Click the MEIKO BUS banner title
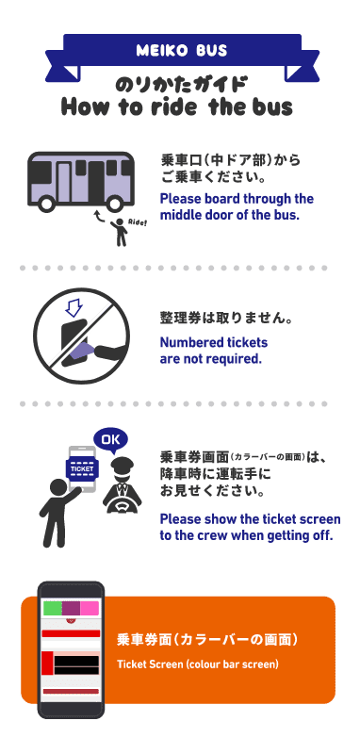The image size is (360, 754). click(x=179, y=49)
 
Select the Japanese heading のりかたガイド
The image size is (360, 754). click(x=179, y=82)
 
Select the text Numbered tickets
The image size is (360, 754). click(x=213, y=342)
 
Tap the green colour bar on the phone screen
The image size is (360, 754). click(x=53, y=608)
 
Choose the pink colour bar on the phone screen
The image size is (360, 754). click(x=89, y=608)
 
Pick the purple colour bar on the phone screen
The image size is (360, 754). click(x=71, y=608)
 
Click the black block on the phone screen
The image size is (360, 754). click(x=75, y=664)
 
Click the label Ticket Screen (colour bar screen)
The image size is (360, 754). click(x=198, y=664)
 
